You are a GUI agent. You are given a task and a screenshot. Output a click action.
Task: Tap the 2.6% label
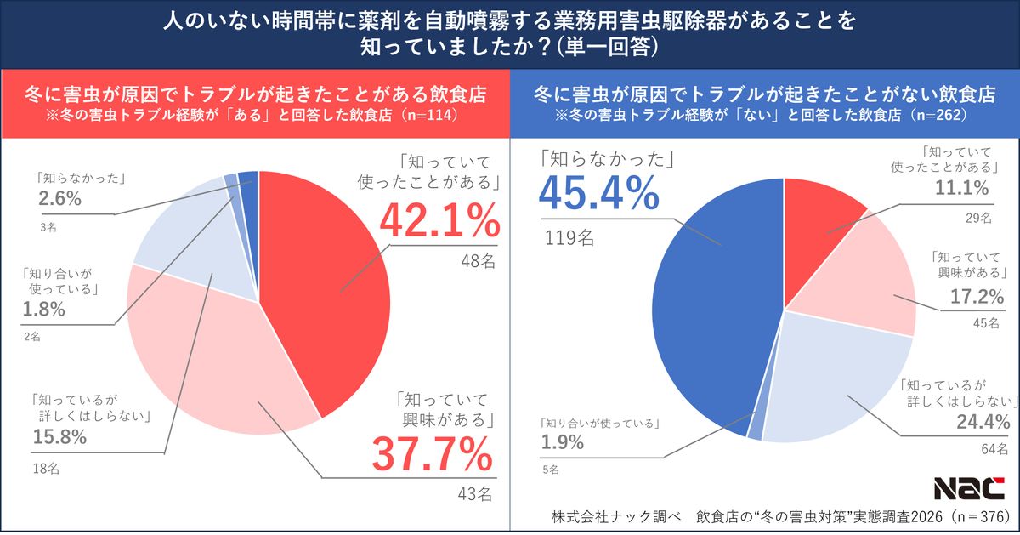point(59,199)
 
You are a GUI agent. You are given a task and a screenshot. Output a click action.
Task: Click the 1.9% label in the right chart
point(562,442)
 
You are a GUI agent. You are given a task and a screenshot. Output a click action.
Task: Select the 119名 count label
point(569,237)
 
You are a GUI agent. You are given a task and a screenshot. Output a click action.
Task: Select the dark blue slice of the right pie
point(714,289)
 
